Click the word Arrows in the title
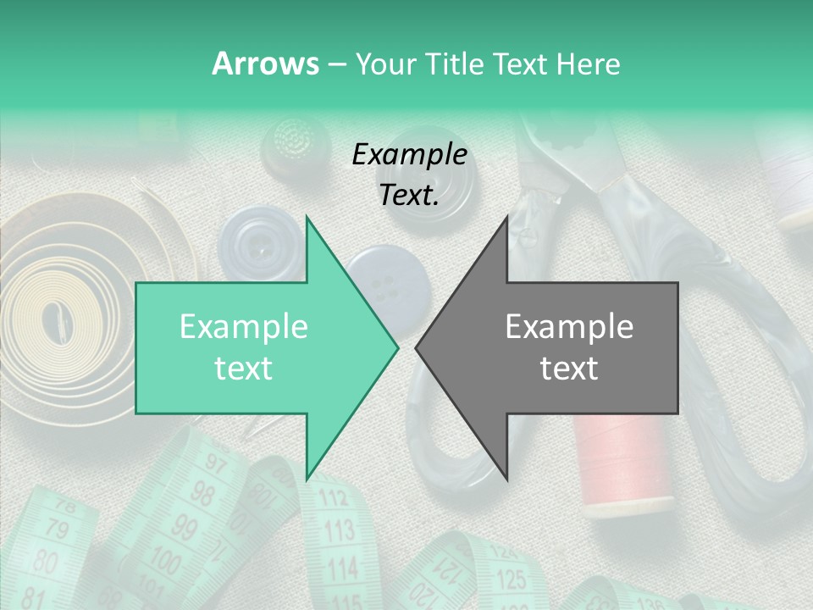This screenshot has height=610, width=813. point(265,64)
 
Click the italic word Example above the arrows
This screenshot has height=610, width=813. point(409,154)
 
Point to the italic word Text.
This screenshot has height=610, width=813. point(409,195)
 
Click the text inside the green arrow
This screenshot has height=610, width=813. point(244,347)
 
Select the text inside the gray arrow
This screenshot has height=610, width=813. point(569,347)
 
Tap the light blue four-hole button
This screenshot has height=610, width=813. point(385,284)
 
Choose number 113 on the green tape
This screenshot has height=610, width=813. point(339,531)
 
